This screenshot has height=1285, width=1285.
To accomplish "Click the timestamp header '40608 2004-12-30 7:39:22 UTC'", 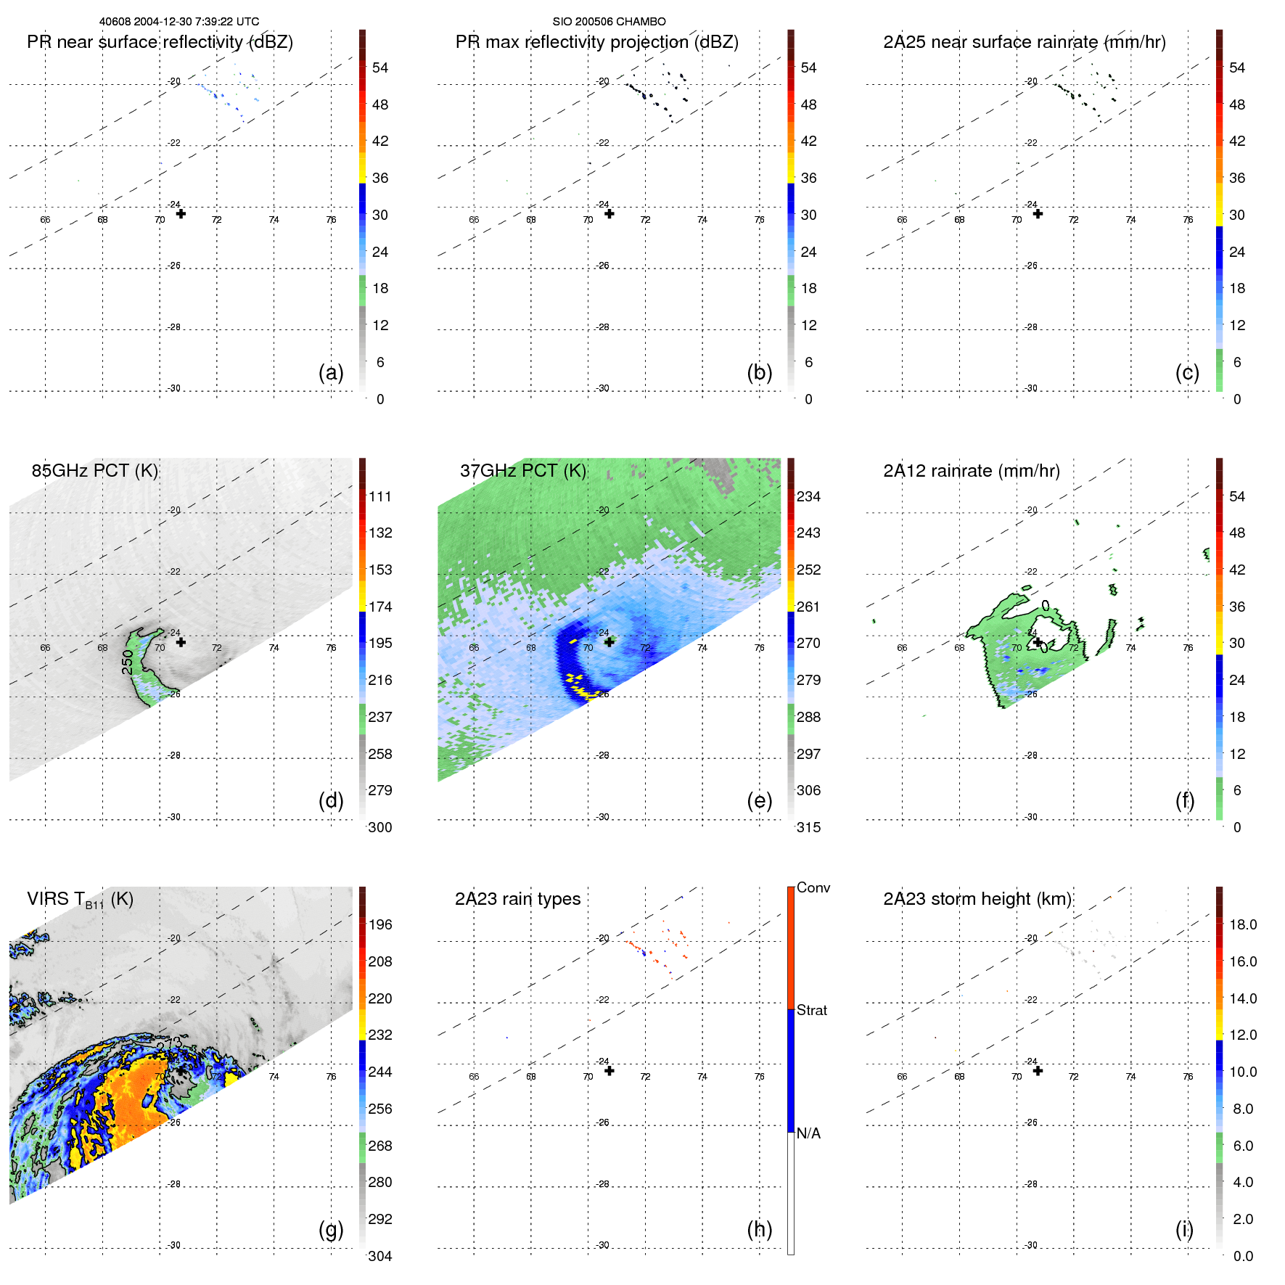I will tap(179, 22).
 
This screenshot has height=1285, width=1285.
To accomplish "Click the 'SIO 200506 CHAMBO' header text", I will tap(609, 22).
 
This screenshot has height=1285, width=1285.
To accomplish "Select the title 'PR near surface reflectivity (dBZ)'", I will tap(160, 42).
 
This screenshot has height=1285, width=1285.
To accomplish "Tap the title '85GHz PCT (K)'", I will tap(94, 470).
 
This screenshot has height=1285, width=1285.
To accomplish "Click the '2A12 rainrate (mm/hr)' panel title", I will tap(972, 470).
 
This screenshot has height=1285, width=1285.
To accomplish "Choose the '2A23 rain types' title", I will tap(517, 899).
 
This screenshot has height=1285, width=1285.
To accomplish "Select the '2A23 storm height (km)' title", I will tap(977, 899).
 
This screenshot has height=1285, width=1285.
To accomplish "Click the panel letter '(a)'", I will tap(331, 372).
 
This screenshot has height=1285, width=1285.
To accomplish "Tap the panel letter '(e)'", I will tap(759, 800).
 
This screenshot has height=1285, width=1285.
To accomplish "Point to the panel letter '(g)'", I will tap(331, 1229).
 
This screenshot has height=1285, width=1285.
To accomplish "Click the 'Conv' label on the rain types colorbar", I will tap(813, 887).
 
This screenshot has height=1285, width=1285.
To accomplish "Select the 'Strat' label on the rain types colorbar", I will tap(812, 1010).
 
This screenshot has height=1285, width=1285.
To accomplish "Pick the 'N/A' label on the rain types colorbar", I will tap(809, 1133).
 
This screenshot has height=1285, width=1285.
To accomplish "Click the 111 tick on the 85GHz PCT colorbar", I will tap(380, 496).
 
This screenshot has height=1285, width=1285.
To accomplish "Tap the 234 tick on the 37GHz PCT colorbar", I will tap(808, 496).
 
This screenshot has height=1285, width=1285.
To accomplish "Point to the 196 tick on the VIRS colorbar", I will tap(380, 924).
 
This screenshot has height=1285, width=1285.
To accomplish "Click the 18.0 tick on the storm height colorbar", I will tap(1243, 924).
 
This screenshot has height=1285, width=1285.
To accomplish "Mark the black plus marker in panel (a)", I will tap(181, 214).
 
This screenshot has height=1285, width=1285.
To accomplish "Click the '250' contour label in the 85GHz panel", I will tap(128, 662).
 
